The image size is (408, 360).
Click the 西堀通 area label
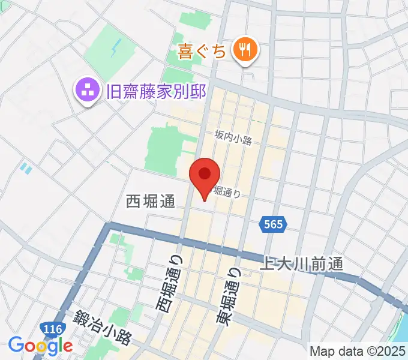coord(150,202)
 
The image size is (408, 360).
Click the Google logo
coord(40,345)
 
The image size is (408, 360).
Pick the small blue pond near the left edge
coord(25,167)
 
